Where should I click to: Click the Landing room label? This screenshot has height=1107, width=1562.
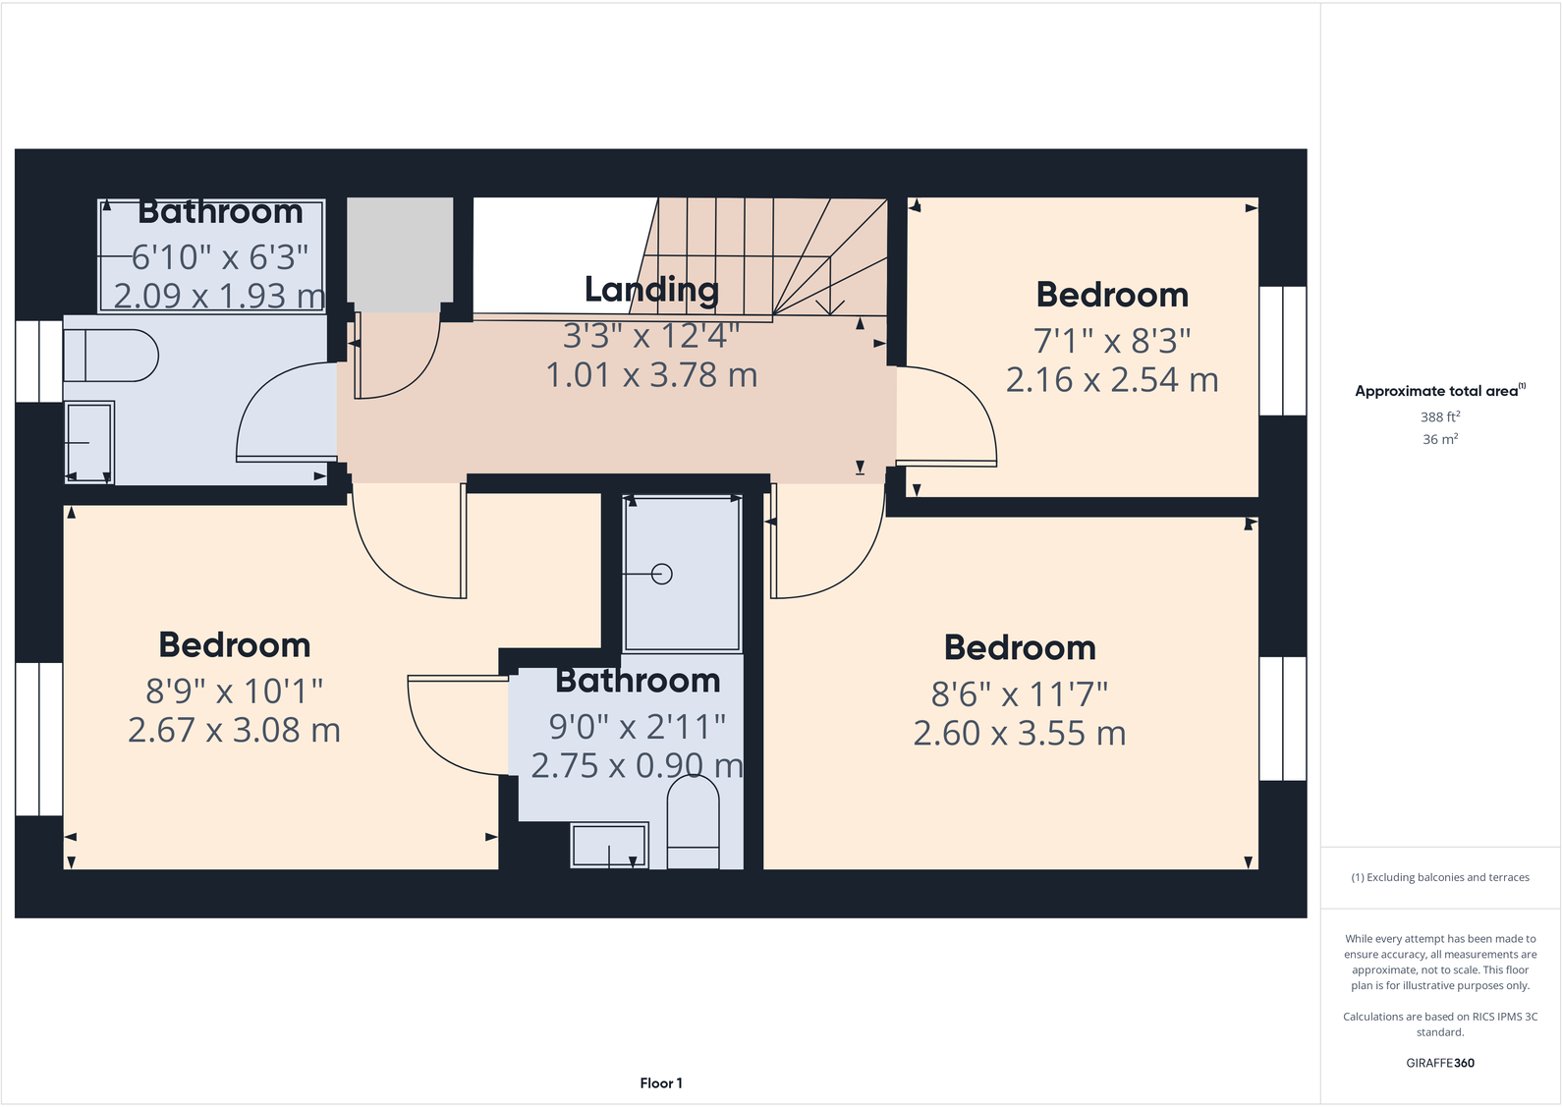[x=651, y=290]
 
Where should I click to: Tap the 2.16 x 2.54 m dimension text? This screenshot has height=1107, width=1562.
[x=1111, y=380]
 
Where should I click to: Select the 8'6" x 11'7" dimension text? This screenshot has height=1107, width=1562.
[x=1019, y=694]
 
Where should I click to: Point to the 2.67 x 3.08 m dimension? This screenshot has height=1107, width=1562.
[x=234, y=731]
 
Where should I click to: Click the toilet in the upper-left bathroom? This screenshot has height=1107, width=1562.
[x=110, y=356]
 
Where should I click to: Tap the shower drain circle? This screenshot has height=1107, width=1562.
[x=662, y=574]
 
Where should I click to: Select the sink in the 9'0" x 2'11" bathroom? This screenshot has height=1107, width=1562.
[x=609, y=845]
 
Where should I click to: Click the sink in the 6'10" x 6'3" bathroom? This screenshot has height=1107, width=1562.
[x=88, y=442]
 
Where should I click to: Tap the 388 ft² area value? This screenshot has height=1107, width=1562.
[x=1439, y=416]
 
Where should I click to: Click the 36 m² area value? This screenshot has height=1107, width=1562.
[x=1439, y=439]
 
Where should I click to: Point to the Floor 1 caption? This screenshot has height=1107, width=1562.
[x=660, y=1083]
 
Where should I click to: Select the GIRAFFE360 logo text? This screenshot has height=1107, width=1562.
[x=1439, y=1063]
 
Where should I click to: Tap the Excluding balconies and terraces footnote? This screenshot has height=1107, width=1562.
[x=1439, y=877]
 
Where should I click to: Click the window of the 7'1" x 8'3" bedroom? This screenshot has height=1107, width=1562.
[x=1282, y=351]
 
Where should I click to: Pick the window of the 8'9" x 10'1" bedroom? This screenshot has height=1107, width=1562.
[x=39, y=739]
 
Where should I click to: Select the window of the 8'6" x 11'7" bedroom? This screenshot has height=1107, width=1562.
[x=1282, y=719]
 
